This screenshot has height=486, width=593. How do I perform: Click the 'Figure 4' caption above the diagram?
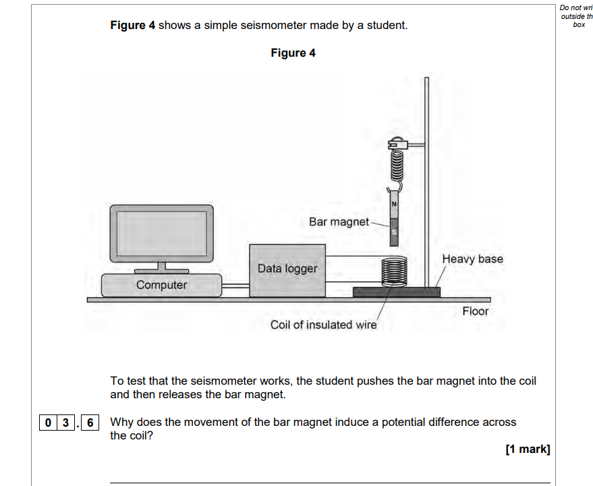(293, 53)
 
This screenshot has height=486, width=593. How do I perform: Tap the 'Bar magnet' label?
(339, 222)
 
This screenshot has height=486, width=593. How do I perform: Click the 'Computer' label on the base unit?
(162, 285)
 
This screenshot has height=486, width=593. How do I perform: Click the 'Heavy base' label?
(472, 259)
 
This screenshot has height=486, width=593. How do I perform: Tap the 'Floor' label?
(475, 311)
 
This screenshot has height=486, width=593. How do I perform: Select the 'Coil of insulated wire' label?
(323, 325)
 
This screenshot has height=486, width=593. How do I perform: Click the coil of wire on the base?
(394, 273)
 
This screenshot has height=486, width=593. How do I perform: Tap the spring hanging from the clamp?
(395, 165)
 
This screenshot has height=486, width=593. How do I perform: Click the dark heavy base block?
(396, 292)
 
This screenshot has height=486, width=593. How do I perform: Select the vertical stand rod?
(426, 182)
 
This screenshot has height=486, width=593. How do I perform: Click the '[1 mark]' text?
(528, 450)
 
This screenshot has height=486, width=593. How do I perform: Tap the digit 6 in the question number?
(90, 423)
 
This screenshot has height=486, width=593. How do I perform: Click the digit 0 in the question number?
(48, 423)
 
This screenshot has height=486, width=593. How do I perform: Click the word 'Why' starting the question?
(122, 423)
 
